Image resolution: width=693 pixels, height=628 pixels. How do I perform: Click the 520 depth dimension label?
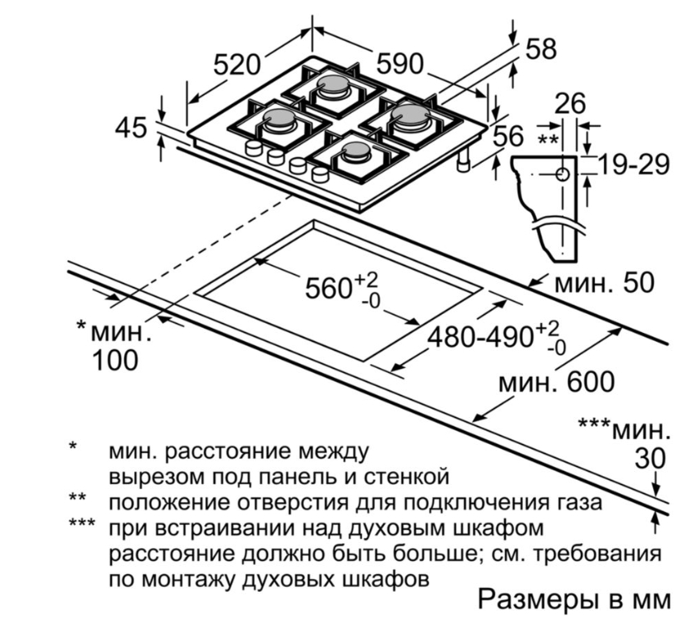click(x=236, y=64)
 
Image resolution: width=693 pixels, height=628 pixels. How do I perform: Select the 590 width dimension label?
click(x=399, y=64)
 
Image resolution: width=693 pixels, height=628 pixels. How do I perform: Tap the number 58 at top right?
click(x=540, y=48)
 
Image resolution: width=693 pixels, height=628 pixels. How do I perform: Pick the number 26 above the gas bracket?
click(x=570, y=104)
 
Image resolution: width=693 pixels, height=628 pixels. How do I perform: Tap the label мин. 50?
click(x=605, y=283)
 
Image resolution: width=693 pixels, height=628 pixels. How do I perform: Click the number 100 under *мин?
click(x=115, y=360)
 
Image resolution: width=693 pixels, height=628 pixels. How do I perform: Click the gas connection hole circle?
click(x=563, y=175)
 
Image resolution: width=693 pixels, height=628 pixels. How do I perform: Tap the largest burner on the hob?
click(x=407, y=120)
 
